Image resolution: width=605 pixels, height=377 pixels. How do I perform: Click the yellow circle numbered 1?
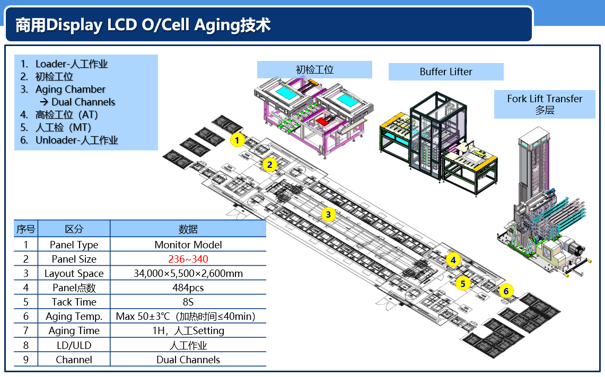point(238,140)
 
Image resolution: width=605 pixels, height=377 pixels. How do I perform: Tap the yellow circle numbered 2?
point(270,165)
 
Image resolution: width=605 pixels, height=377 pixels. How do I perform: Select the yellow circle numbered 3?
point(329,214)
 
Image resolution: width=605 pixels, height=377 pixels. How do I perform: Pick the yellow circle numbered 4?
point(453,260)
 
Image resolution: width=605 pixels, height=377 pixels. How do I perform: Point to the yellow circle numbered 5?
point(463,284)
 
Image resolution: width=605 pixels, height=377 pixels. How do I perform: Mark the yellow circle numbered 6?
point(506,291)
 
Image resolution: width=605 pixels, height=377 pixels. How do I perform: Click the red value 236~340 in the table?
point(188,259)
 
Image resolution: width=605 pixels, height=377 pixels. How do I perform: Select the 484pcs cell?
point(188,288)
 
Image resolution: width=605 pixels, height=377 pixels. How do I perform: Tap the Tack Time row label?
point(74,302)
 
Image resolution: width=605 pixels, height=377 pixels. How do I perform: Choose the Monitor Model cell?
point(188,245)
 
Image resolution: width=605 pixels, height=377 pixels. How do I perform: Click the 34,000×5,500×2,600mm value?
point(188,274)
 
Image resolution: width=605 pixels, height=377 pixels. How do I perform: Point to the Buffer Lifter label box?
point(446,72)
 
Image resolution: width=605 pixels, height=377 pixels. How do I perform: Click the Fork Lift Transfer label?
point(545,99)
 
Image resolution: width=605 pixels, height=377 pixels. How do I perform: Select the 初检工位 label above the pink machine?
point(314,70)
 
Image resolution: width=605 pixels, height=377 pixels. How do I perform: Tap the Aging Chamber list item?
point(71,89)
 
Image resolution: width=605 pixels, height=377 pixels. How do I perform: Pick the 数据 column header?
point(188,229)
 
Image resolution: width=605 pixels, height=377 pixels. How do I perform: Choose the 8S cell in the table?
point(188,302)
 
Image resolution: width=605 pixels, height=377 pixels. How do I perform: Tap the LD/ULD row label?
point(74,345)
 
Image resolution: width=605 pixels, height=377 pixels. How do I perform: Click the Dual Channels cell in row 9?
point(188,360)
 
